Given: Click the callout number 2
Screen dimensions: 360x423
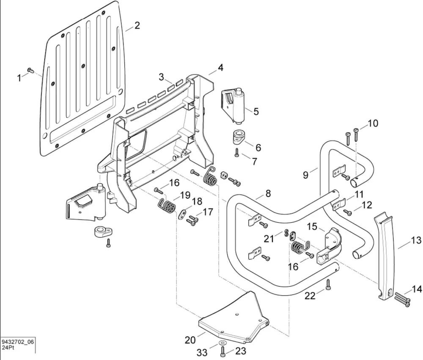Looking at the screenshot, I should [137, 25].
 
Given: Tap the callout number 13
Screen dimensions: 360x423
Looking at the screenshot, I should [416, 240].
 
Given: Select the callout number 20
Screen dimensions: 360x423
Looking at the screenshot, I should [190, 340].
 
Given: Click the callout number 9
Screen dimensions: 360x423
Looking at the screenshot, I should [305, 174].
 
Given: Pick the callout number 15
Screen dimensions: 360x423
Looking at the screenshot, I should [312, 227].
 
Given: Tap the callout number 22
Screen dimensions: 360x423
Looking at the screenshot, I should [310, 296].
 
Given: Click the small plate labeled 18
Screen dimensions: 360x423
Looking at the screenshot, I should [182, 214].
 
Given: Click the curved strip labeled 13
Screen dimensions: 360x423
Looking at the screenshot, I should [386, 254].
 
